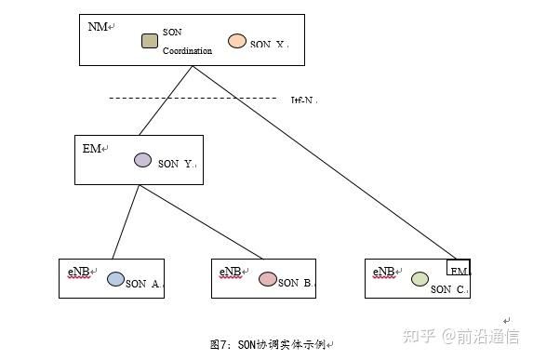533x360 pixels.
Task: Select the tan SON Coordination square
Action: click(x=149, y=41)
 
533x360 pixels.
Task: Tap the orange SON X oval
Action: click(x=237, y=41)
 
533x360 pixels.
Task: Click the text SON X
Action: click(x=270, y=45)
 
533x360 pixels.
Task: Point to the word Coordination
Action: click(x=187, y=51)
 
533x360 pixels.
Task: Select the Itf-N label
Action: click(x=303, y=100)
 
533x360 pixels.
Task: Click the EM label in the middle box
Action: click(x=92, y=149)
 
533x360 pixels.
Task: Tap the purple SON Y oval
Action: click(x=142, y=160)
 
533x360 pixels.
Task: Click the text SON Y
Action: click(x=176, y=164)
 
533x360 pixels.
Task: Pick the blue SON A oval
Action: click(x=116, y=278)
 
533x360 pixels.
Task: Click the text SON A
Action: click(x=144, y=283)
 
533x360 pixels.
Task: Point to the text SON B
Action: click(x=296, y=283)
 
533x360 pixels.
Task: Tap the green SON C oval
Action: click(x=420, y=278)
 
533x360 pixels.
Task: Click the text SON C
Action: click(x=449, y=289)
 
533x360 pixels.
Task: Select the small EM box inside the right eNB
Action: click(x=459, y=268)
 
